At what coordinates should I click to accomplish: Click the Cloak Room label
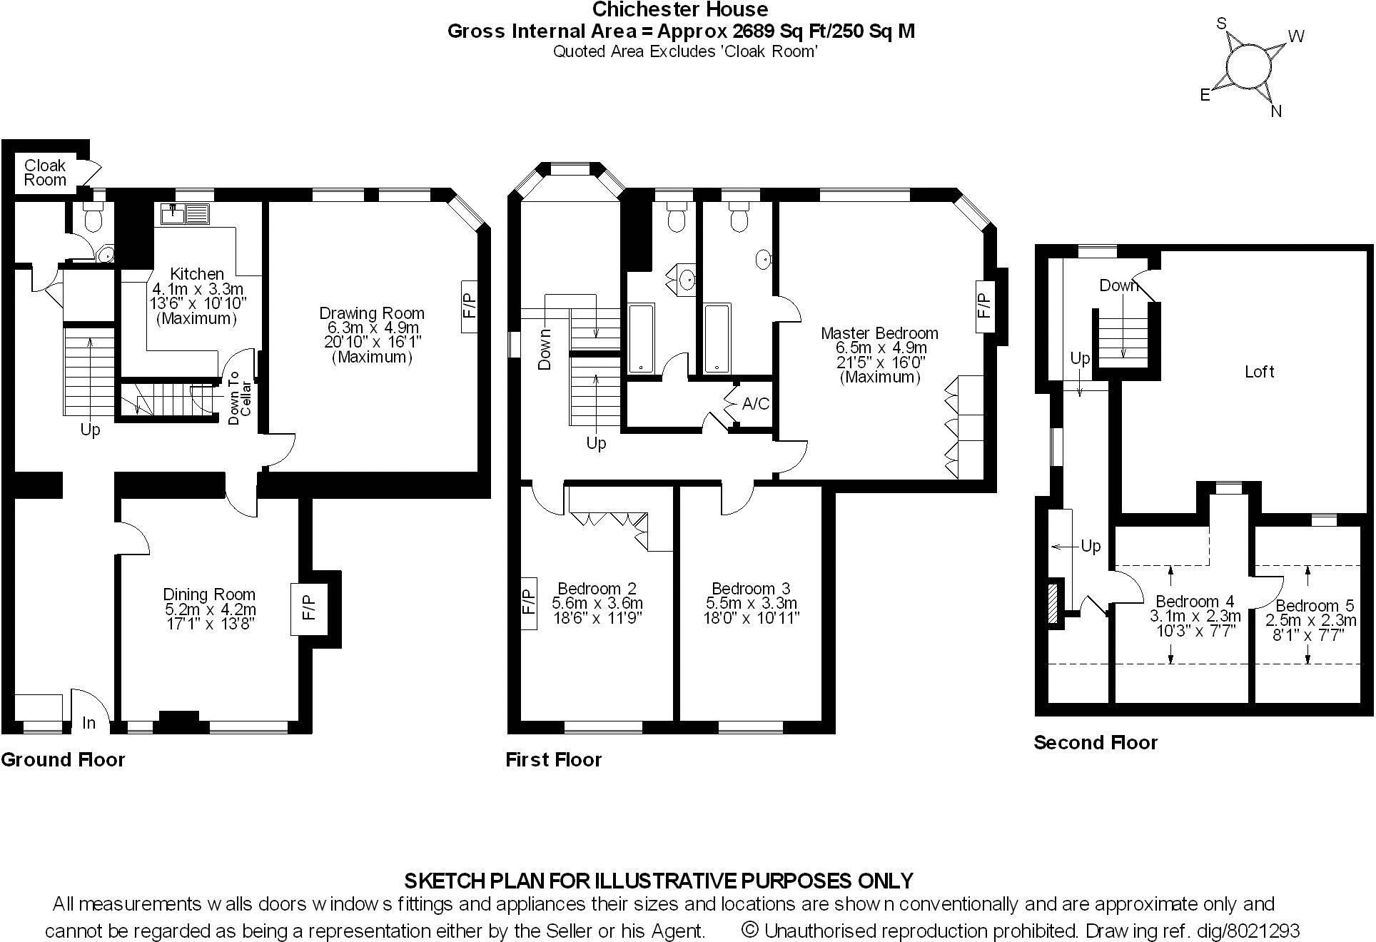[45, 173]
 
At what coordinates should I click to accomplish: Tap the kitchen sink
[186, 213]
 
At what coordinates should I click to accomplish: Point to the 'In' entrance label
[88, 723]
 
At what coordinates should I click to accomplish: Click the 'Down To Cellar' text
[239, 397]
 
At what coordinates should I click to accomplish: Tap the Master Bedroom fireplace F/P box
[984, 305]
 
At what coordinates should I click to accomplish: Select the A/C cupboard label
[756, 404]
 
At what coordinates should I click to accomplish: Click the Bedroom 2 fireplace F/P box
[528, 602]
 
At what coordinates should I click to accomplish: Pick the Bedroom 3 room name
[751, 588]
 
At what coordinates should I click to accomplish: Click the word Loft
[1259, 371]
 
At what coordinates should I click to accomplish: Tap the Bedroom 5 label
[1315, 606]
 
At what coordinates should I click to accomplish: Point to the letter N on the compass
[1277, 111]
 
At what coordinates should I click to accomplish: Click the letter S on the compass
[1221, 24]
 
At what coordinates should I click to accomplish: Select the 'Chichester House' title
[680, 9]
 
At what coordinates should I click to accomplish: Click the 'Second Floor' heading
[1096, 743]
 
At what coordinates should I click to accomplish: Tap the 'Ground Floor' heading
[63, 760]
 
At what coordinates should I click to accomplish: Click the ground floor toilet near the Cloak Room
[93, 216]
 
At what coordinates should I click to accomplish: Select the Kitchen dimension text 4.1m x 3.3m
[198, 289]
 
